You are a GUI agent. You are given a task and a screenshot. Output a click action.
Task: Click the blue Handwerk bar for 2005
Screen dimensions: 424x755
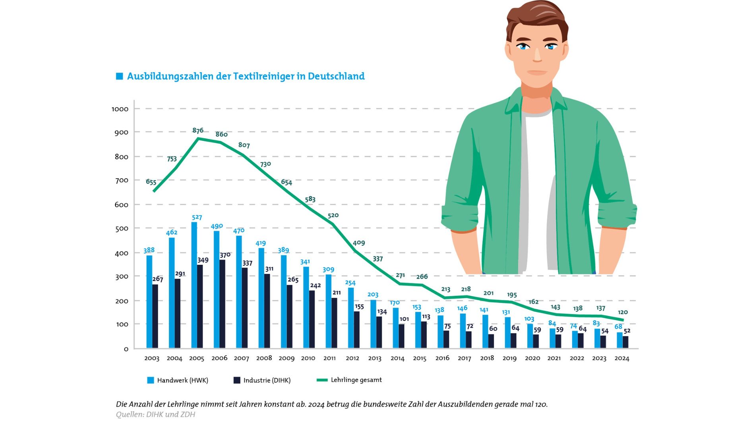click(x=194, y=285)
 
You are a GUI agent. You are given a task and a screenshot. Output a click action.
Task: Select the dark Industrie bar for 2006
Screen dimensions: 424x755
click(x=222, y=304)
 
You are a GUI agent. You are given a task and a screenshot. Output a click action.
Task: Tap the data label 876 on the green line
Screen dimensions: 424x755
click(x=198, y=130)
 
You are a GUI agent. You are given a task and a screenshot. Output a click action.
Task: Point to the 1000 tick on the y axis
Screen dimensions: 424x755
click(x=120, y=109)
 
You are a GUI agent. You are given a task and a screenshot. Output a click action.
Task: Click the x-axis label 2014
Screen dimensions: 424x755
click(x=397, y=358)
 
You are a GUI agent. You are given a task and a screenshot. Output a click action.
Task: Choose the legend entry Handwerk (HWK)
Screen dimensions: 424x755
click(x=178, y=380)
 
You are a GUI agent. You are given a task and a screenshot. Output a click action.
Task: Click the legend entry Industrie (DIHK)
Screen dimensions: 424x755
click(x=262, y=380)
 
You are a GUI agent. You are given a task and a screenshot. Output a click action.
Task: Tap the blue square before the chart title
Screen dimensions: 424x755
click(x=119, y=76)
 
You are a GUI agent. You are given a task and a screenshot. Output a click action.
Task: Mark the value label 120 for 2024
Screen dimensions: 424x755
click(x=623, y=312)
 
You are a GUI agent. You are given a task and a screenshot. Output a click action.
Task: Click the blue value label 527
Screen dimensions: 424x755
click(x=197, y=217)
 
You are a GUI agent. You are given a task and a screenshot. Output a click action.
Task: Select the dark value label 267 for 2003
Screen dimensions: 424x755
click(x=158, y=279)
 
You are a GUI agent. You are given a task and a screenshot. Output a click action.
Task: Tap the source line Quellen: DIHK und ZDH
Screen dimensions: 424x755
click(x=155, y=414)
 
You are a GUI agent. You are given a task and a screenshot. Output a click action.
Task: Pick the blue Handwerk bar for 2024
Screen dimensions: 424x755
click(x=619, y=340)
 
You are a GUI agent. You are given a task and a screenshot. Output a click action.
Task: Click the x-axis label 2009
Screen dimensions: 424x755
click(x=287, y=358)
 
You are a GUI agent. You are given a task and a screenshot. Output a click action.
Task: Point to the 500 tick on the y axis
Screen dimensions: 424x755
click(x=122, y=229)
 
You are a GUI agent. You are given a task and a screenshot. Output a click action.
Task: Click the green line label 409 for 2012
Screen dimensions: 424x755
click(x=359, y=243)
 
